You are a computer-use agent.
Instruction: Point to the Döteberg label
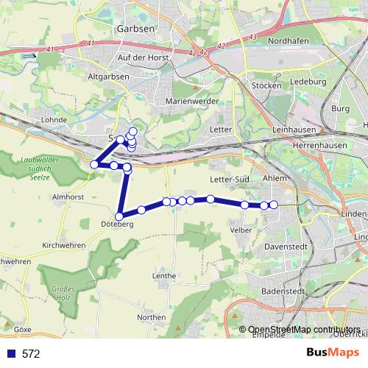click(118, 224)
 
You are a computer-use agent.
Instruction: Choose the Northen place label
click(151, 317)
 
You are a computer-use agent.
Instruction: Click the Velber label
click(241, 230)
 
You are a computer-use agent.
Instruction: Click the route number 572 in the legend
click(31, 353)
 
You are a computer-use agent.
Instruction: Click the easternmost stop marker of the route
click(274, 205)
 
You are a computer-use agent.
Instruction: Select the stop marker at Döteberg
click(119, 216)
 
